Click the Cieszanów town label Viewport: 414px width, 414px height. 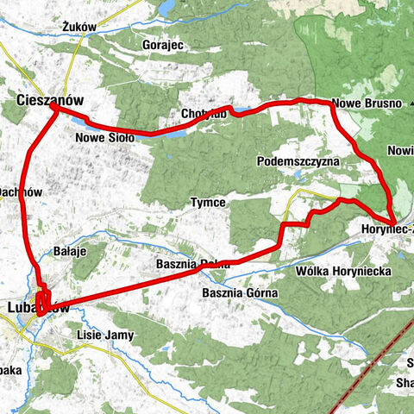[x=50, y=101]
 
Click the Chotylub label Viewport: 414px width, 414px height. [x=205, y=115]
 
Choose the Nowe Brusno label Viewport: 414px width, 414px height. [x=367, y=104]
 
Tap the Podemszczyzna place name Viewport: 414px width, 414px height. [x=298, y=162]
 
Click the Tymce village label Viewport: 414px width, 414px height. [x=208, y=203]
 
